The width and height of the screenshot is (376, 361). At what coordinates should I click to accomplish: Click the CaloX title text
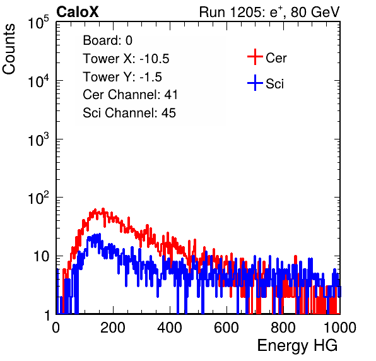(77, 12)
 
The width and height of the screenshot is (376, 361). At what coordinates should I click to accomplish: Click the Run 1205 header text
(269, 12)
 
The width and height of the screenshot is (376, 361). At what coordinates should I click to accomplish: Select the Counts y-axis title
(9, 49)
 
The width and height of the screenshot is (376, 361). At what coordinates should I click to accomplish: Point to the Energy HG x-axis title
(297, 346)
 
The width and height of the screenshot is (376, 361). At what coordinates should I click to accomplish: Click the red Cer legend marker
(255, 57)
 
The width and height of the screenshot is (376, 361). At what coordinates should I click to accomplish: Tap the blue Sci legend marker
(255, 83)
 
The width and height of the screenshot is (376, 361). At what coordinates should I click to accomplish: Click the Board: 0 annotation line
(107, 40)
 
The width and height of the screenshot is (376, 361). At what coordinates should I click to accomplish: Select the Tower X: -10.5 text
(126, 59)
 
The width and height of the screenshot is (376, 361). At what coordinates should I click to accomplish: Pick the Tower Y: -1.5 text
(122, 77)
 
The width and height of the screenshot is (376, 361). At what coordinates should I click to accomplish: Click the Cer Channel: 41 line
(130, 95)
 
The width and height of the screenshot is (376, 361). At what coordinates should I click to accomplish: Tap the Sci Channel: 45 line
(129, 113)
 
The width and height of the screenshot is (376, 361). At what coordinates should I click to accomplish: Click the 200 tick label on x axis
(113, 328)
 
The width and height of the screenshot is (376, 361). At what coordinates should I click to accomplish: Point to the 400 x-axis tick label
(170, 328)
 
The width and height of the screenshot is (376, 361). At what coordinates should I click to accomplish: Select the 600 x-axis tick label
(226, 328)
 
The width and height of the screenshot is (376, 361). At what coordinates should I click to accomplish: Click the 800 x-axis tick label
(283, 328)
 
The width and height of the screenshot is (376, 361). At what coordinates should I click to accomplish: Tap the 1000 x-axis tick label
(340, 328)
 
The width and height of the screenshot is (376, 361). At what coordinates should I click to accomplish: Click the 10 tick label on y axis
(42, 256)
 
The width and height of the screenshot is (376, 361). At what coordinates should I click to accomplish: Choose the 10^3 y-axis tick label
(38, 139)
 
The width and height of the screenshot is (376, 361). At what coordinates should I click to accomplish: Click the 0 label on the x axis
(56, 328)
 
